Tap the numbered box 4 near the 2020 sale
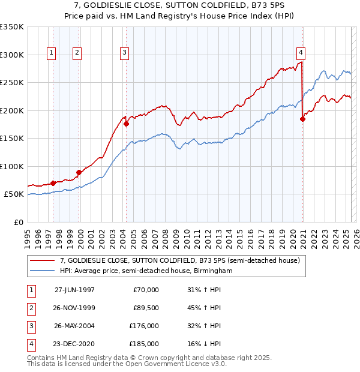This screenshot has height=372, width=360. [299, 52]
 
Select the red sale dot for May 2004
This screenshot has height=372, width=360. [126, 124]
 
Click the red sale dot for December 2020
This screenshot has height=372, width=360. [302, 119]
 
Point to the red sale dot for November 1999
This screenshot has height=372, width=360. [79, 172]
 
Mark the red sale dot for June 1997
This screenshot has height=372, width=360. [53, 183]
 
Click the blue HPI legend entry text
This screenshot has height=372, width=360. [146, 271]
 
